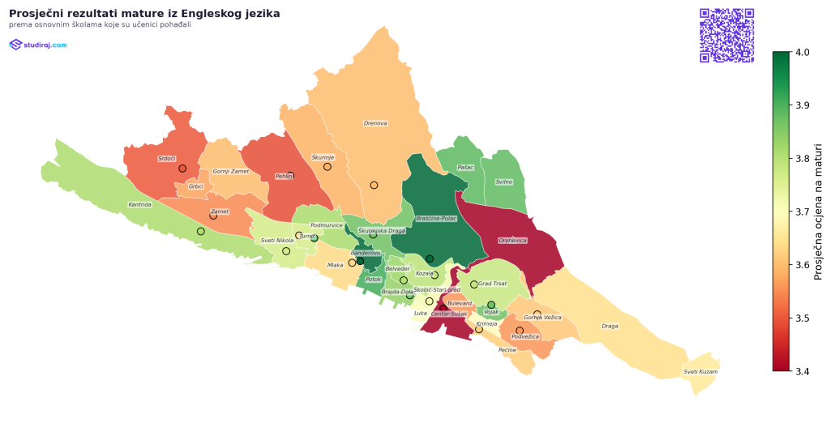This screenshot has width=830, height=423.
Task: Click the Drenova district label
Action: point(375,124)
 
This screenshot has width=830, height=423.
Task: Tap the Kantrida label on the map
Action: point(139,205)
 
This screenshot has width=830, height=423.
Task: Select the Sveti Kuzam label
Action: point(700,372)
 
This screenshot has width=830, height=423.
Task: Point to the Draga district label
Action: point(610,327)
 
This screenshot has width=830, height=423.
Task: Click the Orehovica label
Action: point(513,241)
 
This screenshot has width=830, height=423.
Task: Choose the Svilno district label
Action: point(503,182)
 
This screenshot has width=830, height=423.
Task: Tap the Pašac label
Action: point(465,168)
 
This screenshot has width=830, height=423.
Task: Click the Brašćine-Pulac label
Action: point(436,219)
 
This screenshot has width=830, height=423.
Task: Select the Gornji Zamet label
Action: point(231,172)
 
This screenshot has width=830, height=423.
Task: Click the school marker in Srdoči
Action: point(182,169)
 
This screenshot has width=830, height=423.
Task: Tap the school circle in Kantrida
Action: point(201,232)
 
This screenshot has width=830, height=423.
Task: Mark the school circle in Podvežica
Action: point(520,331)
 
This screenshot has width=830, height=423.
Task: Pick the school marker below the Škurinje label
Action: point(327,167)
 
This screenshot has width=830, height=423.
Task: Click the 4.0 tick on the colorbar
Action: point(802,52)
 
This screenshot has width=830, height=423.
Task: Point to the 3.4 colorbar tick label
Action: point(802,371)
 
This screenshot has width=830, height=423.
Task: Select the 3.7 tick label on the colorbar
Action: point(802,211)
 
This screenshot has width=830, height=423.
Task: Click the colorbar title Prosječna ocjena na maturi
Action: point(819,211)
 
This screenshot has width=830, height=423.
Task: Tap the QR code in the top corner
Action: point(726,35)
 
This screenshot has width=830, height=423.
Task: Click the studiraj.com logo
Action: point(38,45)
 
